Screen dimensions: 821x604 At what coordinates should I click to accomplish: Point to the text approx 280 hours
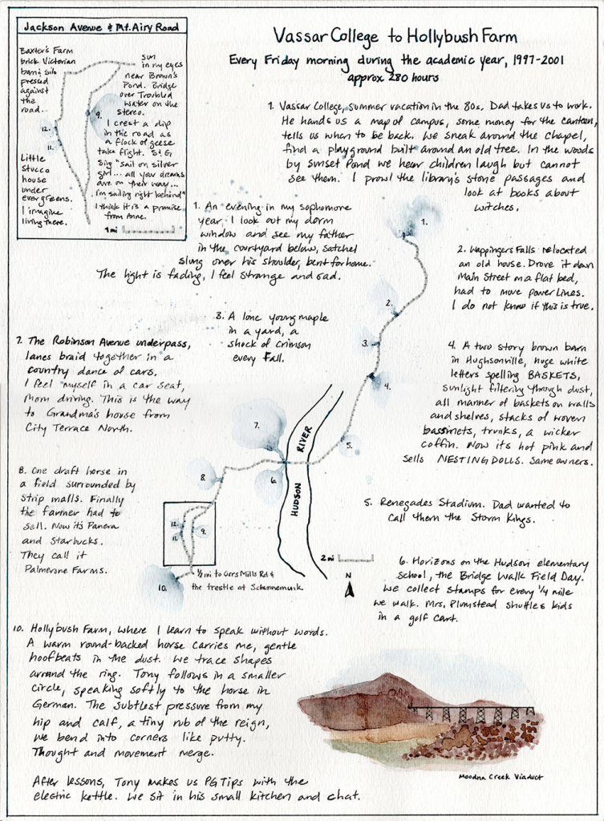coord(393,79)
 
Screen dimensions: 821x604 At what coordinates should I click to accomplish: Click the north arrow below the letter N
coord(349,591)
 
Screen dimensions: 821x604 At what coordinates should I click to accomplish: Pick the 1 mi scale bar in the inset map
coord(136,229)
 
